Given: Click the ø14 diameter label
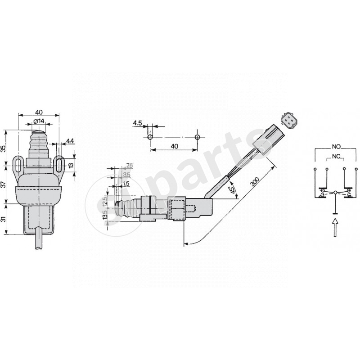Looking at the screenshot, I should point(39,121).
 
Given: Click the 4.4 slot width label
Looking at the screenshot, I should point(70,141).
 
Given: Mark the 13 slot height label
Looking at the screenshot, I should point(71,165).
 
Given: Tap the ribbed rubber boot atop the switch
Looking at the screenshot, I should point(38,143).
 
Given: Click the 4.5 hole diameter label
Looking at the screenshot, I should point(138,122).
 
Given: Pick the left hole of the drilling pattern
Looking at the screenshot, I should point(150,136).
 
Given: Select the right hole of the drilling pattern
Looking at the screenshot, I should point(197,136).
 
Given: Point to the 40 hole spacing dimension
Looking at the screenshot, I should point(174,146).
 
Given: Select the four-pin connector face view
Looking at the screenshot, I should point(287,120).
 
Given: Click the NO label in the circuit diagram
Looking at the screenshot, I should point(336,147).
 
